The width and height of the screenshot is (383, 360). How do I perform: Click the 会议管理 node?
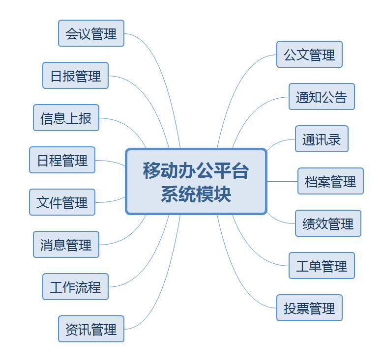pyautogui.click(x=91, y=33)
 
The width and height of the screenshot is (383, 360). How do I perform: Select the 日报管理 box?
pyautogui.click(x=75, y=76)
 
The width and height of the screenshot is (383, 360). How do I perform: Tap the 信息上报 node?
pyautogui.click(x=66, y=118)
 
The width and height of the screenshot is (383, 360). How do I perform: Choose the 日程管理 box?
pyautogui.click(x=62, y=160)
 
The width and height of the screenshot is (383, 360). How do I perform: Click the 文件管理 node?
pyautogui.click(x=62, y=202)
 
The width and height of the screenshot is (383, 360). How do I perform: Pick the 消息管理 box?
pyautogui.click(x=66, y=245)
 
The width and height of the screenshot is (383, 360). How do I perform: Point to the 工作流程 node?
pyautogui.click(x=75, y=287)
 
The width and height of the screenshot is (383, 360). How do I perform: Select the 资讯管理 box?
pyautogui.click(x=91, y=329)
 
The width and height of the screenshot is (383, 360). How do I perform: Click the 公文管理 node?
pyautogui.click(x=309, y=55)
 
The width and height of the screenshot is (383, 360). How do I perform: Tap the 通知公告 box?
pyautogui.click(x=322, y=97)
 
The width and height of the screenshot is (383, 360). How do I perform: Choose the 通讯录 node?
pyautogui.click(x=322, y=139)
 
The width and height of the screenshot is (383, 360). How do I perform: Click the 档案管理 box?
pyautogui.click(x=330, y=181)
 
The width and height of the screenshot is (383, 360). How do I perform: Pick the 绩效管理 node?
pyautogui.click(x=328, y=223)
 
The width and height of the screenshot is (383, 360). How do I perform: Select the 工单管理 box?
pyautogui.click(x=322, y=266)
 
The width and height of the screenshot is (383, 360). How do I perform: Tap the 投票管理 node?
pyautogui.click(x=309, y=308)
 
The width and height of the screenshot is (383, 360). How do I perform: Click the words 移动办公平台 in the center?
pyautogui.click(x=196, y=171)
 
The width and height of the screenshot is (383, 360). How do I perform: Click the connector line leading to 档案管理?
pyautogui.click(x=282, y=181)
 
